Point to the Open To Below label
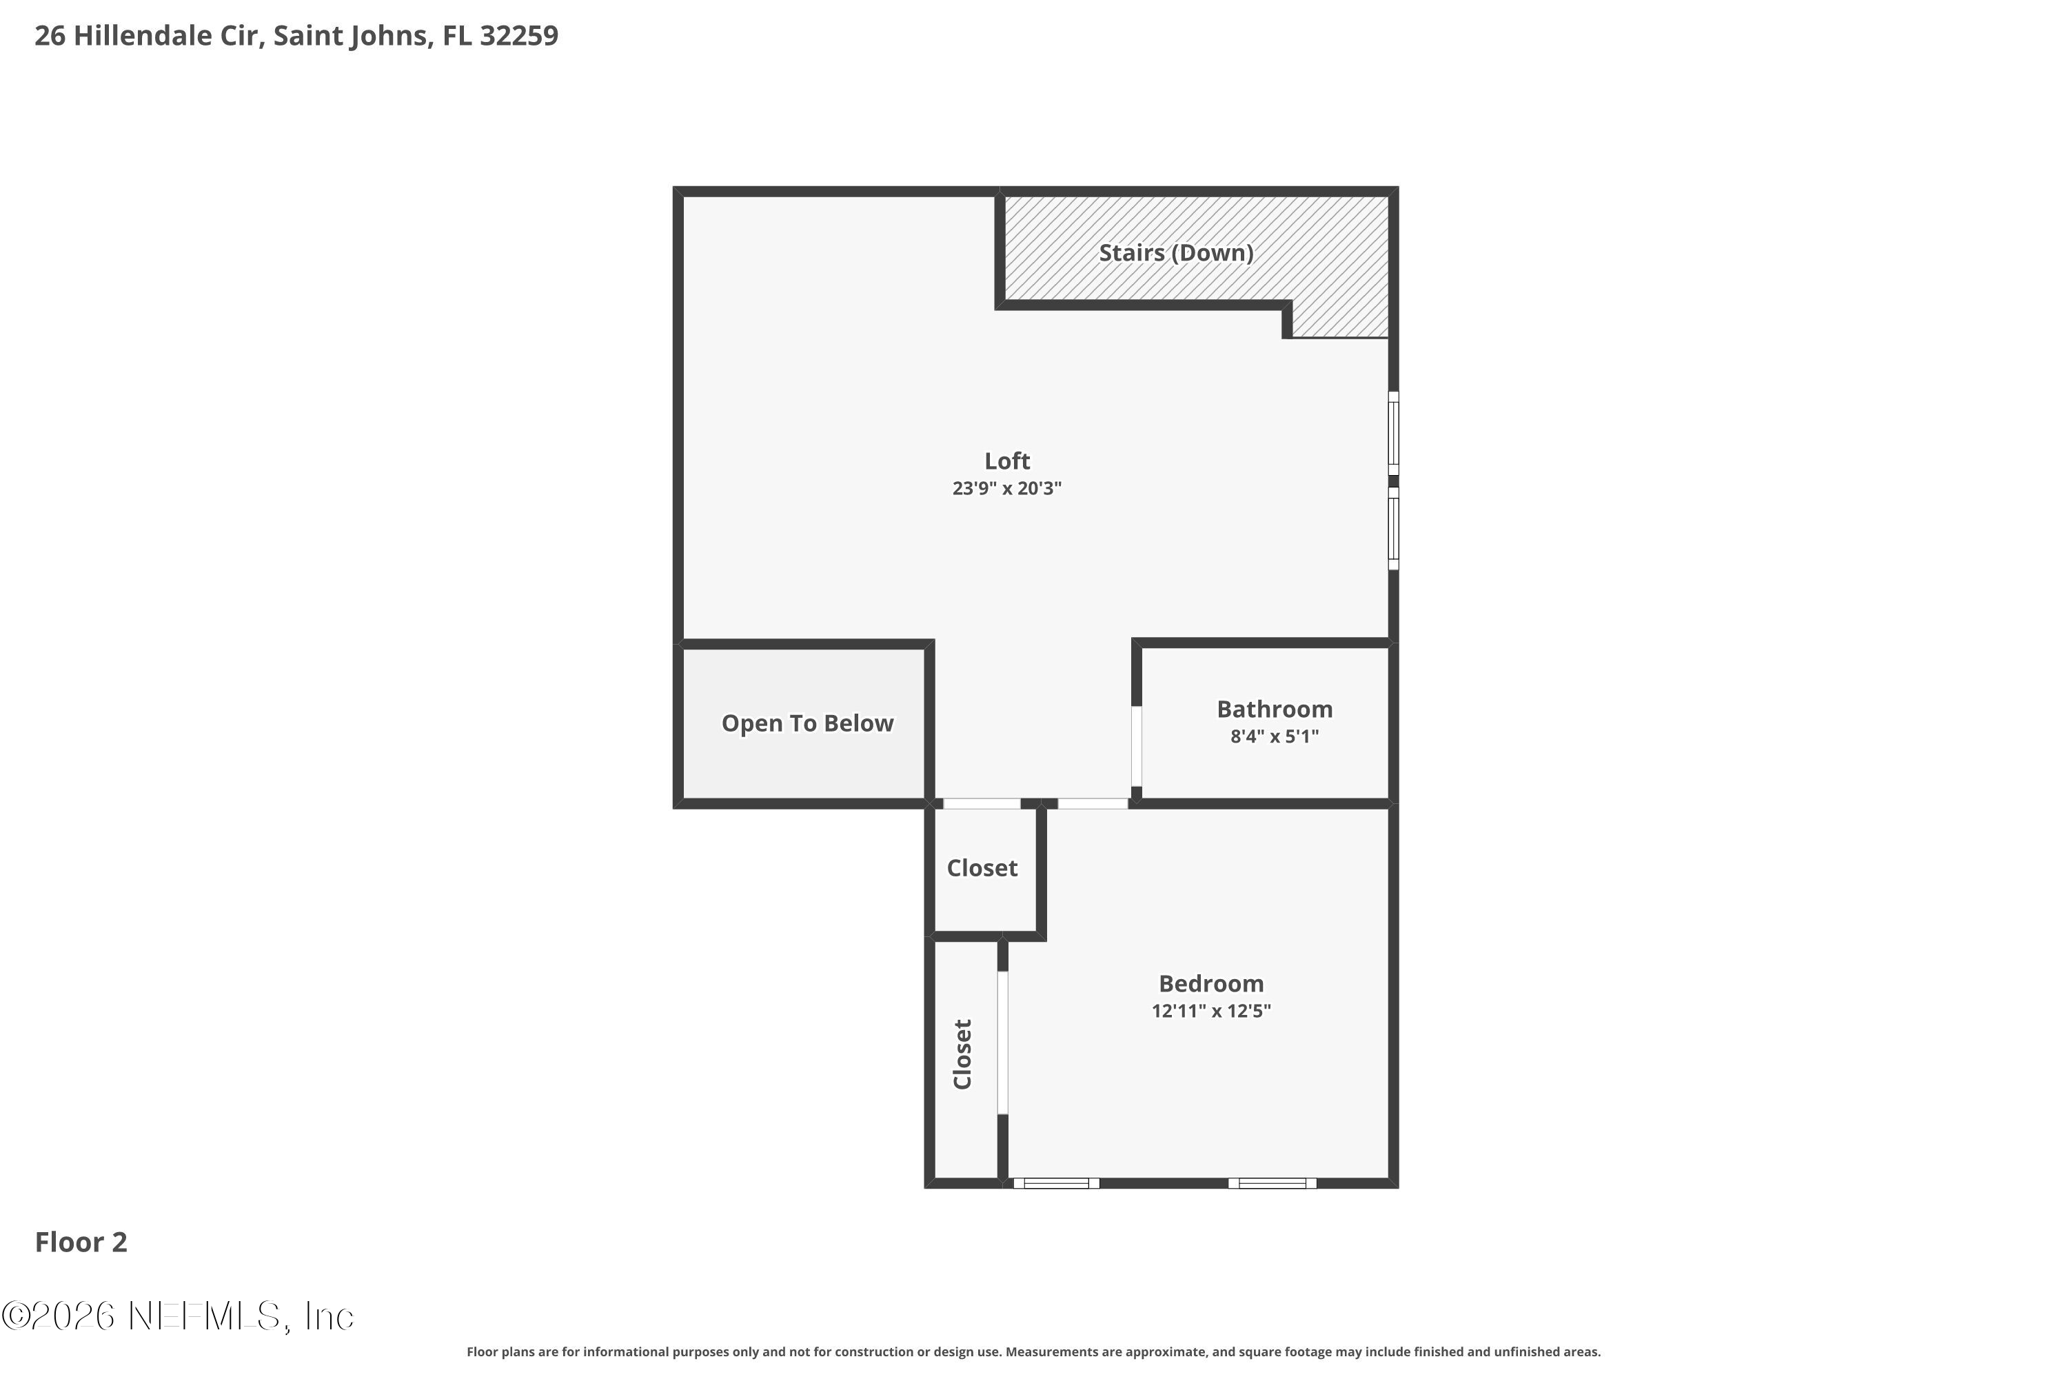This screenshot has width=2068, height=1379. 807,723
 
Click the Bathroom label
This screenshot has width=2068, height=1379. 1274,709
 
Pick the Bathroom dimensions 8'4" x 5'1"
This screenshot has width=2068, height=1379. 1274,736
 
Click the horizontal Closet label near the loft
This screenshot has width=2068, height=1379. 982,868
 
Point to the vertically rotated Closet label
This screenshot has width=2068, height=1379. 963,1054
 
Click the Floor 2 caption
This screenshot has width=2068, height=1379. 81,1242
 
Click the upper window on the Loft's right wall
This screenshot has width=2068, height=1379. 1394,434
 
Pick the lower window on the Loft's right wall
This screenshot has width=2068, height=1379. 1394,529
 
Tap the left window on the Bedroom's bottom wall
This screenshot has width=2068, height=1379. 1056,1183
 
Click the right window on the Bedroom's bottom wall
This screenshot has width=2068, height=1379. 1273,1183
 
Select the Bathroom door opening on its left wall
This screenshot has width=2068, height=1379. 1136,746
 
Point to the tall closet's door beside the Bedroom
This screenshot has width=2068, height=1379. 1002,1043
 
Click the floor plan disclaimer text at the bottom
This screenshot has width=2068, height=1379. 1034,1351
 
